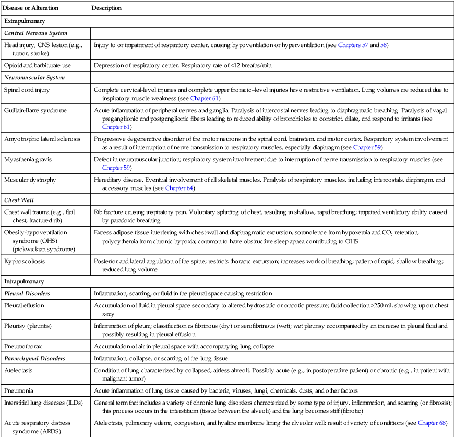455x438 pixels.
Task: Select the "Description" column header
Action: [106, 8]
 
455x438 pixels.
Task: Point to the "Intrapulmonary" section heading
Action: [24, 281]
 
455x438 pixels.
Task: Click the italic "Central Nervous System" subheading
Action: [35, 33]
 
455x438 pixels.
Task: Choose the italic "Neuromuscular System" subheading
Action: [34, 78]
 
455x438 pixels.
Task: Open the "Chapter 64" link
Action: [179, 188]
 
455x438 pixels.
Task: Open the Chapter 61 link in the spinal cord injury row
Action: [205, 98]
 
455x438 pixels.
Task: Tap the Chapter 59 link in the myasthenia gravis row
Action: [117, 168]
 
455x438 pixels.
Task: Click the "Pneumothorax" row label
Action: [22, 346]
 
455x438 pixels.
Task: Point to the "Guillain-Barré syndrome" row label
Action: [35, 110]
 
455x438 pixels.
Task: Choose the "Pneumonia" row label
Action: [19, 390]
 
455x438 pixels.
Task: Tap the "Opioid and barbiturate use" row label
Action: [37, 66]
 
